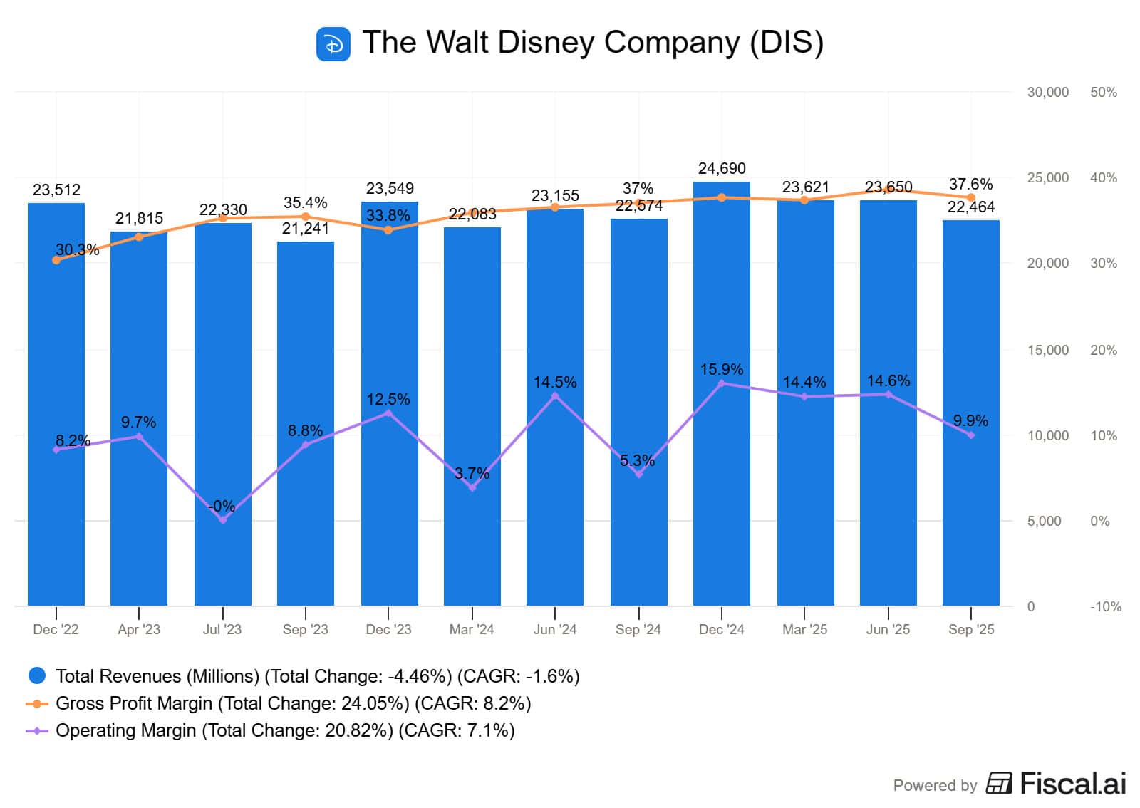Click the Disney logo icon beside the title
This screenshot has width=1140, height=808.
click(x=333, y=44)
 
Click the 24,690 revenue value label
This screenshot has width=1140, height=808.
click(x=722, y=169)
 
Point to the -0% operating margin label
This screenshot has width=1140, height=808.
click(x=222, y=507)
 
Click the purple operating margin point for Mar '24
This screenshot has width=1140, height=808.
click(x=472, y=487)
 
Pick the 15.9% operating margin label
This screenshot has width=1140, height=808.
click(x=721, y=370)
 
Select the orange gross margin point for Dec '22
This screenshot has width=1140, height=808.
click(x=56, y=260)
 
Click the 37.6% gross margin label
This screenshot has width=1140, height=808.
click(x=970, y=185)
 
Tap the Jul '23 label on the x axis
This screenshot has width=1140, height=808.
click(x=222, y=629)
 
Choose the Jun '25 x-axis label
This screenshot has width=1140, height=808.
click(x=888, y=629)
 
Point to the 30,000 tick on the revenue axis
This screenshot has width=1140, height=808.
click(x=1047, y=93)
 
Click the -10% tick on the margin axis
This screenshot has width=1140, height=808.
click(x=1105, y=607)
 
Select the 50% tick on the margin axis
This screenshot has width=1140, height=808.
click(x=1104, y=93)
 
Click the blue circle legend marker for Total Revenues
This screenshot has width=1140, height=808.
click(x=36, y=675)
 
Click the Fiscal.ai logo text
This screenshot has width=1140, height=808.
click(x=1072, y=784)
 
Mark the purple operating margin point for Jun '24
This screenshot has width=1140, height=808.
click(x=555, y=396)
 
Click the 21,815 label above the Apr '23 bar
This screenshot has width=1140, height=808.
click(x=139, y=219)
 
